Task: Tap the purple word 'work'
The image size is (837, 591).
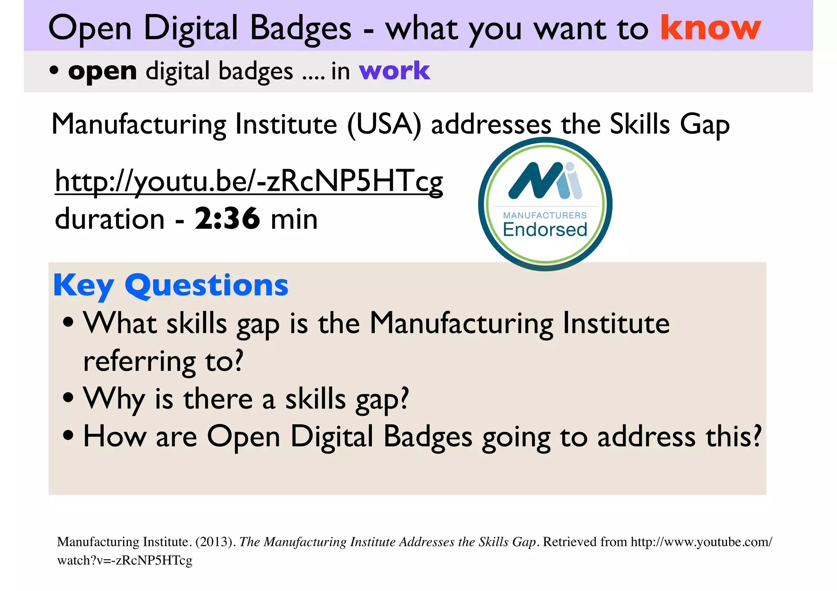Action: click(x=394, y=71)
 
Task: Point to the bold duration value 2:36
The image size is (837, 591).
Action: click(x=227, y=219)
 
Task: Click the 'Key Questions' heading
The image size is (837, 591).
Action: click(x=171, y=285)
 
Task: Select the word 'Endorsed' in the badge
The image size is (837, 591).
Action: click(x=545, y=230)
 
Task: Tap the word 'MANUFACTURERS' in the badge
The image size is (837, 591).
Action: click(x=545, y=215)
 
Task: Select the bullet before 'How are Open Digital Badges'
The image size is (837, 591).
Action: click(x=68, y=435)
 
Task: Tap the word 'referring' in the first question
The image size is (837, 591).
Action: click(x=139, y=361)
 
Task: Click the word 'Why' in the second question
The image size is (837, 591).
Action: click(x=114, y=399)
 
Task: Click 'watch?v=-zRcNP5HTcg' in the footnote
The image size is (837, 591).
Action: click(x=125, y=560)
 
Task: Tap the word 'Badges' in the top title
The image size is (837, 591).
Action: click(x=300, y=29)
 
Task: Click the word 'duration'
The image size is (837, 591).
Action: click(x=110, y=219)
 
